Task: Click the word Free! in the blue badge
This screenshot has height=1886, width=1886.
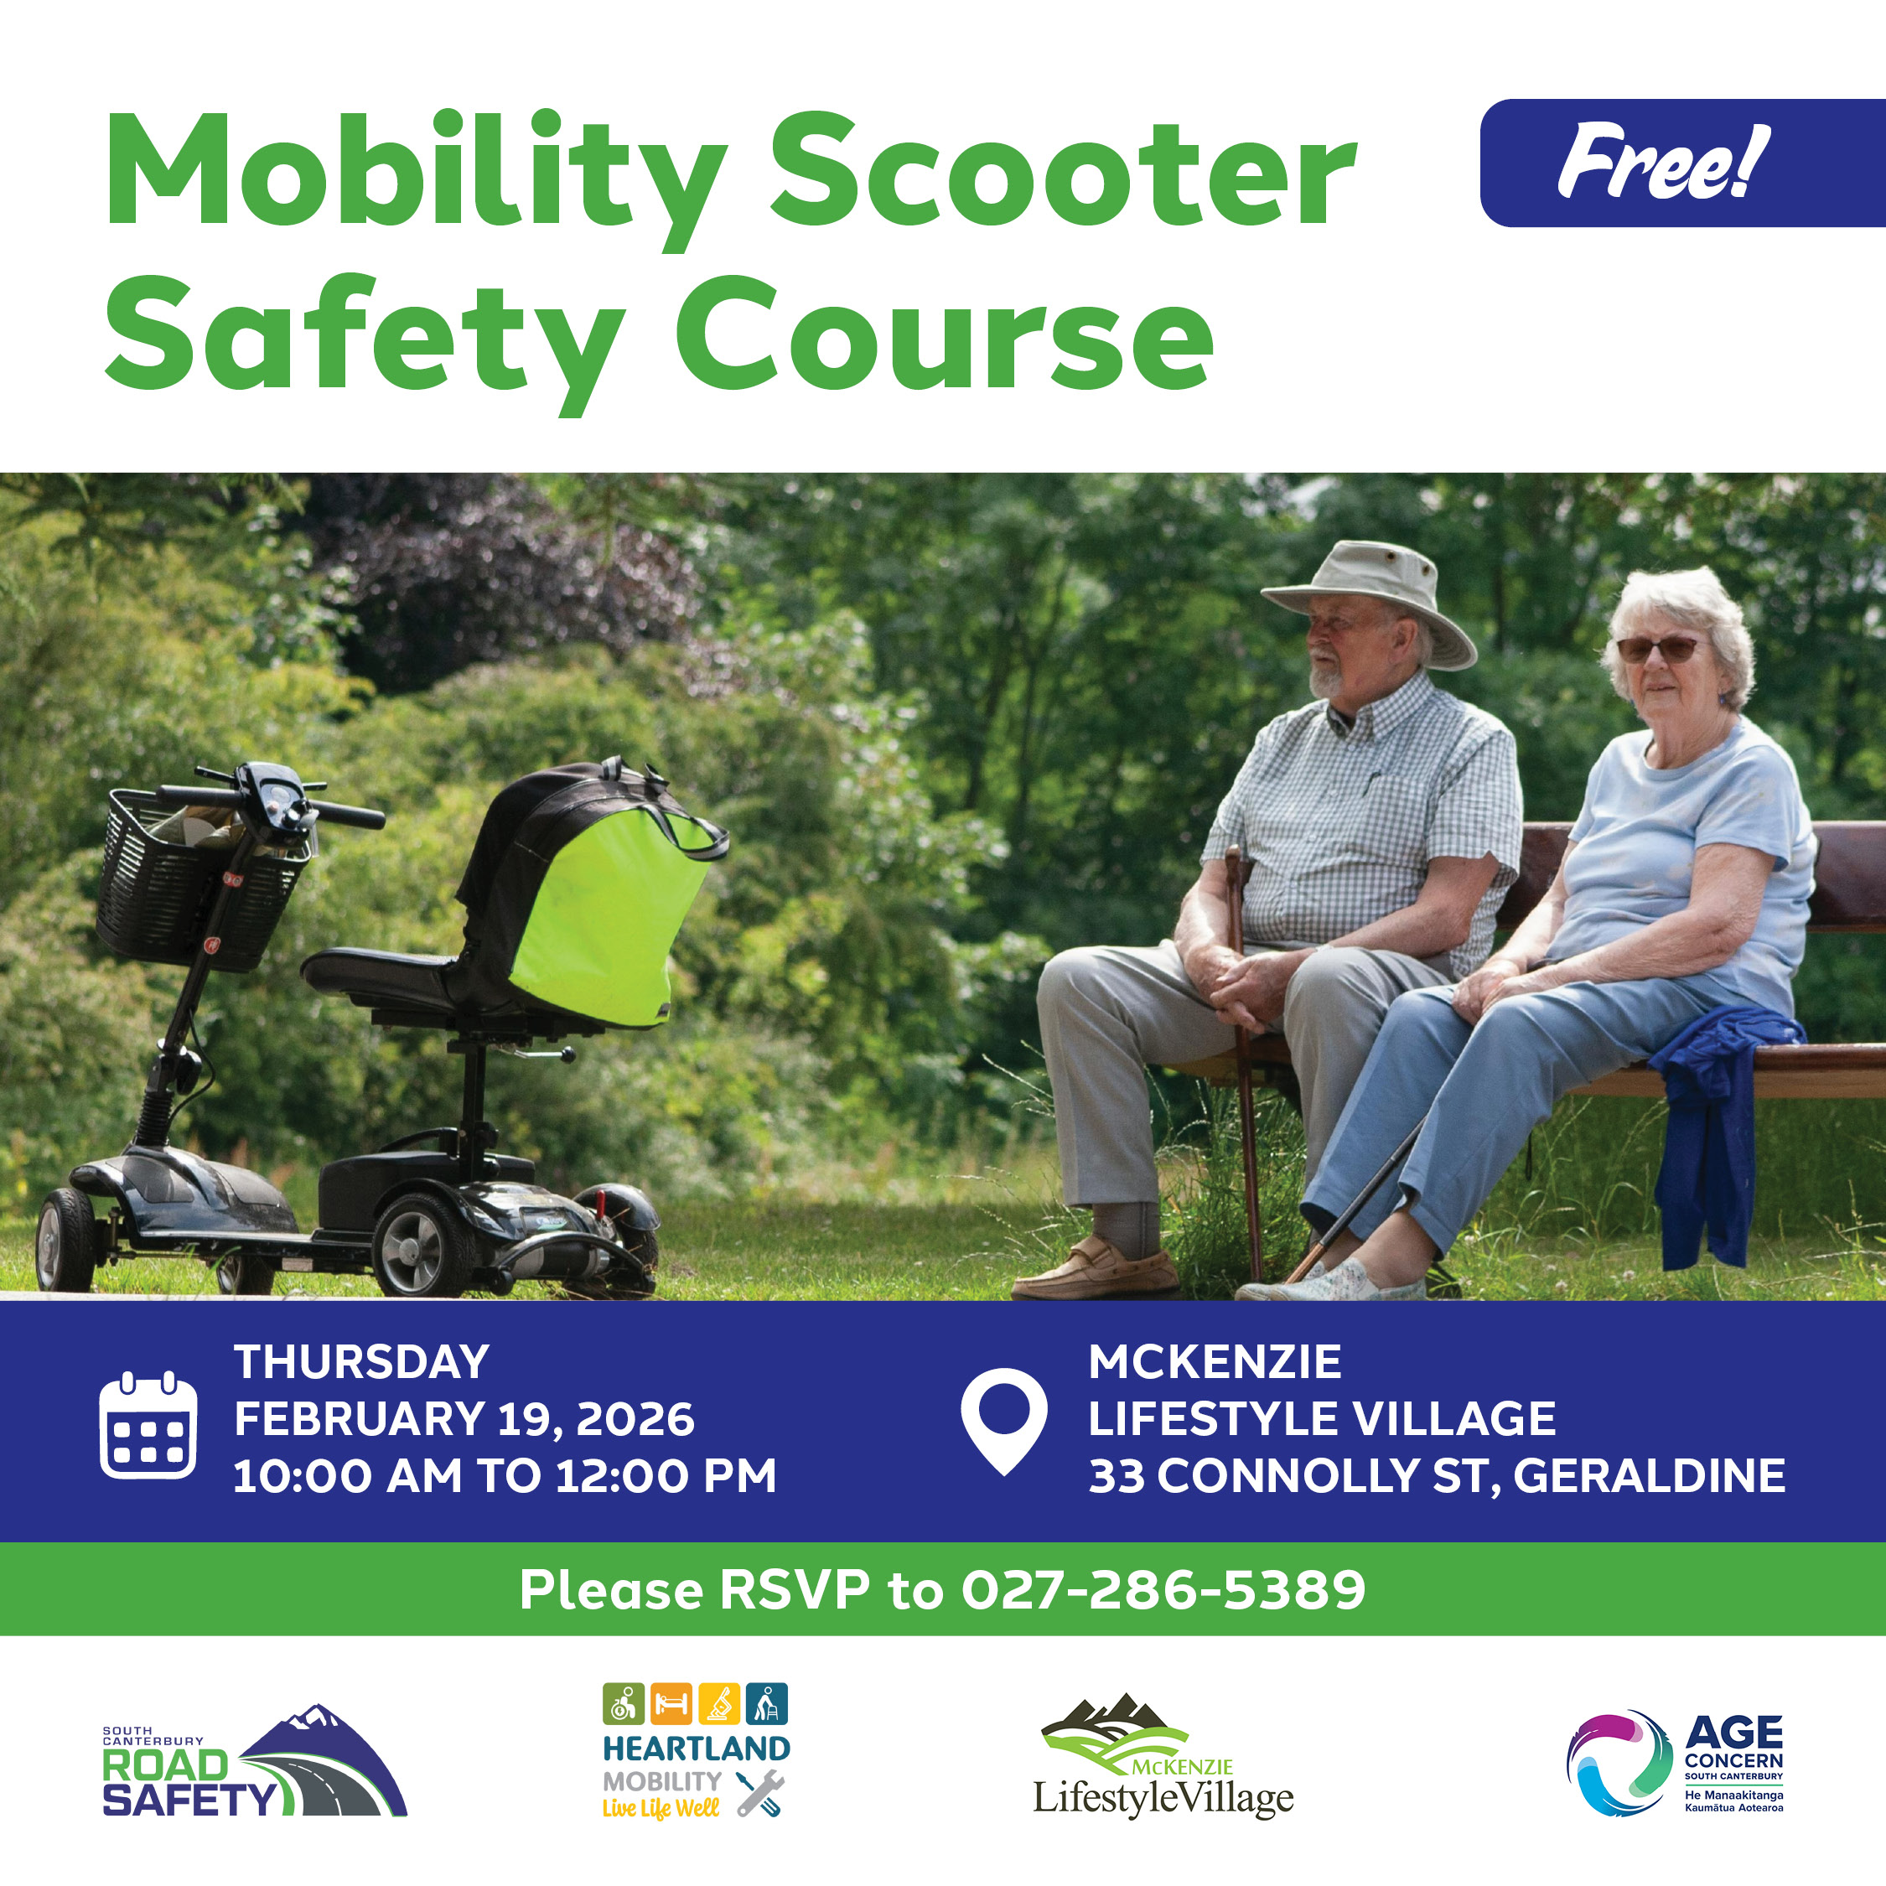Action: (1661, 162)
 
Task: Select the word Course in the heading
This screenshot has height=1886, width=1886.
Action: (943, 334)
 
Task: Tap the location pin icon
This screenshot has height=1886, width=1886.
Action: (1003, 1419)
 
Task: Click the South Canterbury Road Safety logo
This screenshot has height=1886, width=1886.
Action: (254, 1763)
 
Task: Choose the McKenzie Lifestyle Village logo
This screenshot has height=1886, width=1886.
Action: (1163, 1757)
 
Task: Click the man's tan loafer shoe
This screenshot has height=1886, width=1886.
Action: (1097, 1269)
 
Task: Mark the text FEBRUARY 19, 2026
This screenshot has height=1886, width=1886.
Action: (464, 1419)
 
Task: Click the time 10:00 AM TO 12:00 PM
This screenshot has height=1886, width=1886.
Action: (505, 1476)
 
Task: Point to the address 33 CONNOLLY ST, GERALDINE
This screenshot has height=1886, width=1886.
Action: (1437, 1476)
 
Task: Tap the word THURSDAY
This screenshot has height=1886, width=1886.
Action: (361, 1363)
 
